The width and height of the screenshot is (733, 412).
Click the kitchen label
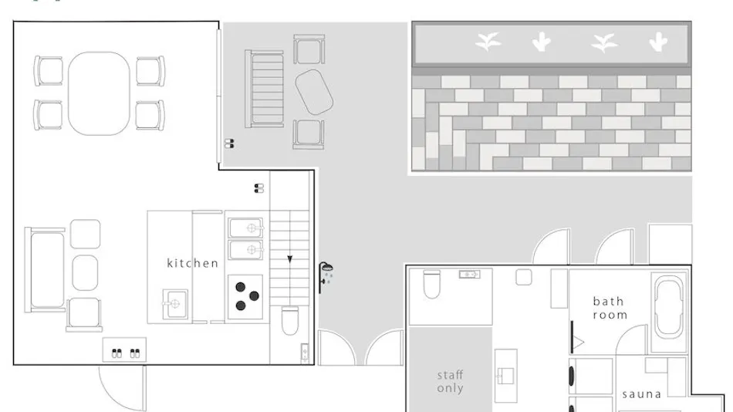193,263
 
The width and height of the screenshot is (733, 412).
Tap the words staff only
450,382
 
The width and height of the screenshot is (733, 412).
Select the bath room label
610,308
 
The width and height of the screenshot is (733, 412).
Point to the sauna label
641,395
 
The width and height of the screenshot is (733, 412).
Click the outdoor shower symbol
326,277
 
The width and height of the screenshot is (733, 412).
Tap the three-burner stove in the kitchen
245,297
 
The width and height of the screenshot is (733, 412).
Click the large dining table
99,93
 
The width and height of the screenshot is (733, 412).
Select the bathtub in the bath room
669,307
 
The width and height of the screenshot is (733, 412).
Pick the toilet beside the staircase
290,320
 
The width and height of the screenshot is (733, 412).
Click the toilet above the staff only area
431,284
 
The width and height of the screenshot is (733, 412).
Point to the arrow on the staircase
290,259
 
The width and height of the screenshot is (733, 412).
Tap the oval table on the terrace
314,92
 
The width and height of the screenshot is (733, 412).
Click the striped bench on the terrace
265,89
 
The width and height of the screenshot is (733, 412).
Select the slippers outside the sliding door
229,144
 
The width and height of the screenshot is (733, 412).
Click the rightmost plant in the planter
658,42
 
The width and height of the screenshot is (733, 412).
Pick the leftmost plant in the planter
488,42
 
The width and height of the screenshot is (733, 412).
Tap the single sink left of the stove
175,304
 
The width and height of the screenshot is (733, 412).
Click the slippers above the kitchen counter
259,188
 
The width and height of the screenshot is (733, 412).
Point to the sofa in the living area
46,270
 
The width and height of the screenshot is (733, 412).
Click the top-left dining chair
49,71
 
